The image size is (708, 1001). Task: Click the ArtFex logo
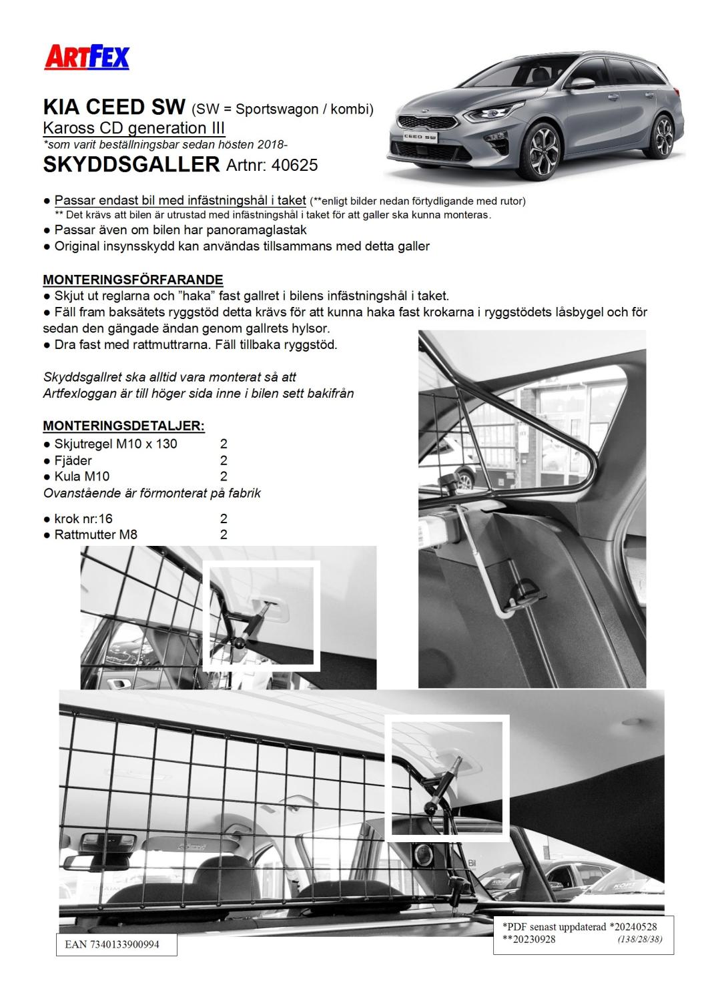pyautogui.click(x=87, y=57)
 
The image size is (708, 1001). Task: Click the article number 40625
pyautogui.click(x=294, y=165)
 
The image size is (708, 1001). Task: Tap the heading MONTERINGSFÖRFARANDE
pyautogui.click(x=133, y=280)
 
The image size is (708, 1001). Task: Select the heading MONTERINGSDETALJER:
pyautogui.click(x=123, y=426)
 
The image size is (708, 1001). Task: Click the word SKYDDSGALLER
pyautogui.click(x=131, y=164)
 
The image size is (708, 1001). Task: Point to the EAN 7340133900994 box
pyautogui.click(x=116, y=945)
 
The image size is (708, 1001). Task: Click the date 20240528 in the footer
pyautogui.click(x=634, y=927)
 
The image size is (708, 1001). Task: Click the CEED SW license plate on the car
pyautogui.click(x=420, y=136)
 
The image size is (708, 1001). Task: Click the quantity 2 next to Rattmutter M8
pyautogui.click(x=224, y=535)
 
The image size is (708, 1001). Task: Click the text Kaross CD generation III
pyautogui.click(x=133, y=128)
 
